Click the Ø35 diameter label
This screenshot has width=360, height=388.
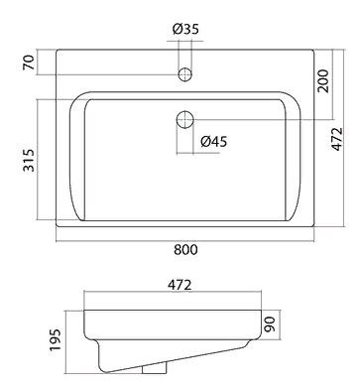[184, 29]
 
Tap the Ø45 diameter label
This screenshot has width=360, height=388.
[214, 142]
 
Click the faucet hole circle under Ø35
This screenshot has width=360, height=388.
[183, 74]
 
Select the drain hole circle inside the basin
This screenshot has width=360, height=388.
[183, 120]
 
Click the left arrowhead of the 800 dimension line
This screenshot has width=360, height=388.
[59, 237]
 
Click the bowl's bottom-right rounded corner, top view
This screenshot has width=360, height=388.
[288, 216]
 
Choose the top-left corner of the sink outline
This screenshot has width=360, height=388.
[56, 46]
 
